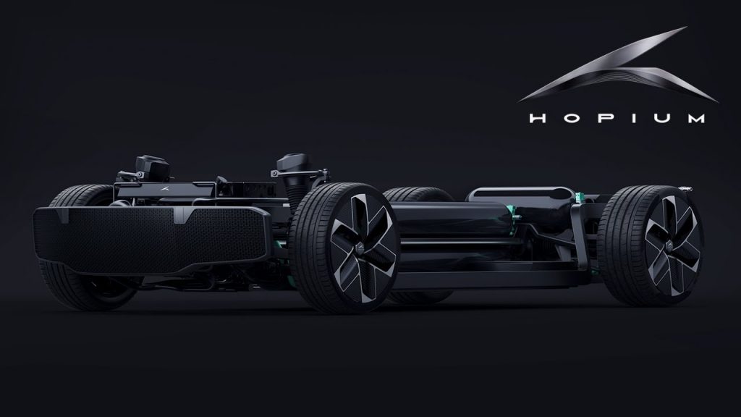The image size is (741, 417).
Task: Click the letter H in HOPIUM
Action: coord(538,118)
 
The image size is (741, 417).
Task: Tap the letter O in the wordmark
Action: coord(571,118)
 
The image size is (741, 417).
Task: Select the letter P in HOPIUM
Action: coord(604,118)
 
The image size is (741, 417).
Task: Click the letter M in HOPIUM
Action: coord(696,118)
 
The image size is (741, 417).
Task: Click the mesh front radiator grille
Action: coord(151,239)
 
